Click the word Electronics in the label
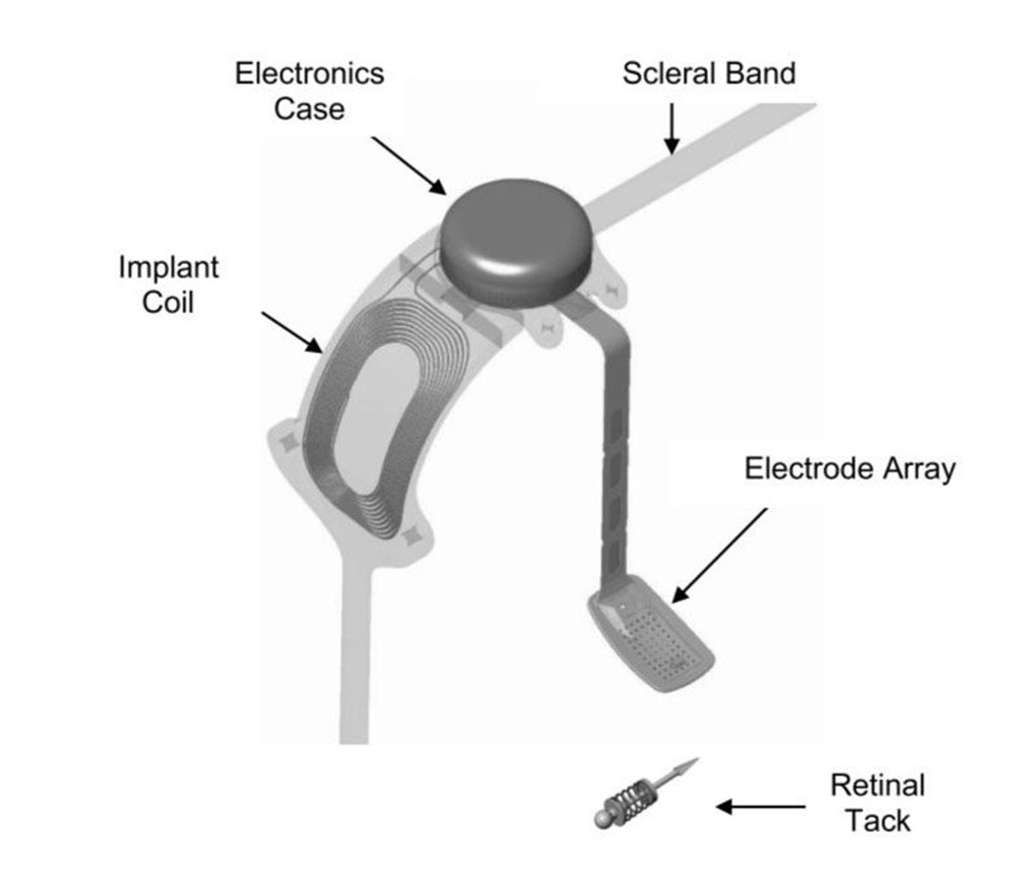click(309, 74)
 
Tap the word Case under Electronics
click(309, 109)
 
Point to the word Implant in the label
click(169, 269)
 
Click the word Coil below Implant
click(168, 302)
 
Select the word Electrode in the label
click(810, 468)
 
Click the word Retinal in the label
click(878, 785)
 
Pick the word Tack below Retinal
click(878, 820)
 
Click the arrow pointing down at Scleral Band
click(672, 128)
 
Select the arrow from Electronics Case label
click(409, 166)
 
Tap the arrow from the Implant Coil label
click(292, 332)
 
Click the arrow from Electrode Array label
click(719, 556)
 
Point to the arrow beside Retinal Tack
click(761, 807)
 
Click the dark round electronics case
click(516, 243)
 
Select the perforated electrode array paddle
click(651, 633)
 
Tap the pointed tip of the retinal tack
click(697, 759)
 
